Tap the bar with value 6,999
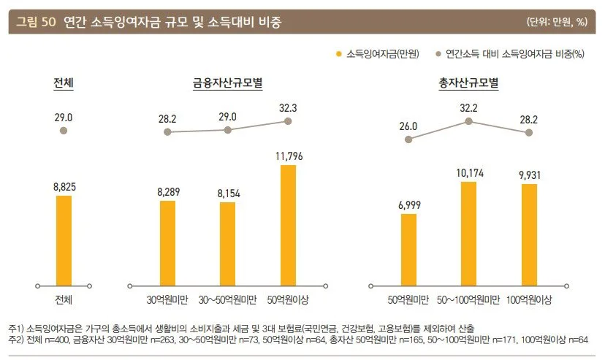pos(408,249)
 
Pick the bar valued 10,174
pos(468,233)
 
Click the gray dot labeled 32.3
pos(288,121)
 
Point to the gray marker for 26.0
pos(408,139)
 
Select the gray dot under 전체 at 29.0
pos(64,130)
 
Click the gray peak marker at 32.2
pos(468,121)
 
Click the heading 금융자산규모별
pos(227,83)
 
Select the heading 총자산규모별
pos(468,83)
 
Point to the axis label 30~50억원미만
pos(227,300)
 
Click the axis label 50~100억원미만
pos(468,300)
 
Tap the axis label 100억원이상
pos(528,300)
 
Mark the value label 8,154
pos(227,193)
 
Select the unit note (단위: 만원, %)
pos(556,21)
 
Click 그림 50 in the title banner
pos(37,21)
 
